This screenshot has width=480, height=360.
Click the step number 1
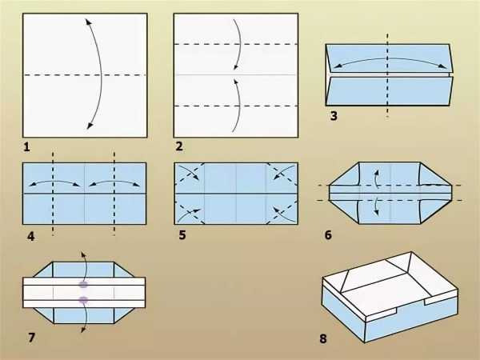(26, 147)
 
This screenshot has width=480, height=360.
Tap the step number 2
(179, 146)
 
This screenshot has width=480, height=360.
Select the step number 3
(334, 116)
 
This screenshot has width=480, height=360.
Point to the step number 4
(30, 236)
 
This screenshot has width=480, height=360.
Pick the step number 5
(182, 235)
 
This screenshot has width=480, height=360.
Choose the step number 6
(328, 234)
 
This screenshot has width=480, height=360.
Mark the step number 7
(31, 338)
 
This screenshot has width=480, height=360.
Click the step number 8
(323, 338)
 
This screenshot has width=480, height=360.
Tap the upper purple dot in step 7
(83, 285)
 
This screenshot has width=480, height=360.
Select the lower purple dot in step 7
(83, 300)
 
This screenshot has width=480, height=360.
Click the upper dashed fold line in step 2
(236, 44)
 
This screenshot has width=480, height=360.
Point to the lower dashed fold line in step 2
(236, 106)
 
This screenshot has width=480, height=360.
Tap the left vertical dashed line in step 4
(53, 194)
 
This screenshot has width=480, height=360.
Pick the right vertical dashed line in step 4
(114, 194)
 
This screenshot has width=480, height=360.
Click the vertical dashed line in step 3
(387, 75)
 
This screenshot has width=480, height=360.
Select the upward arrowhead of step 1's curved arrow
(87, 22)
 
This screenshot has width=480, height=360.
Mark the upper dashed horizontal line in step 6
(390, 186)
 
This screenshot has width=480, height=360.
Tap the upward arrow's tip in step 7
(82, 254)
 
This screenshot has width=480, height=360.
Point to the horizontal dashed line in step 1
(85, 75)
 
